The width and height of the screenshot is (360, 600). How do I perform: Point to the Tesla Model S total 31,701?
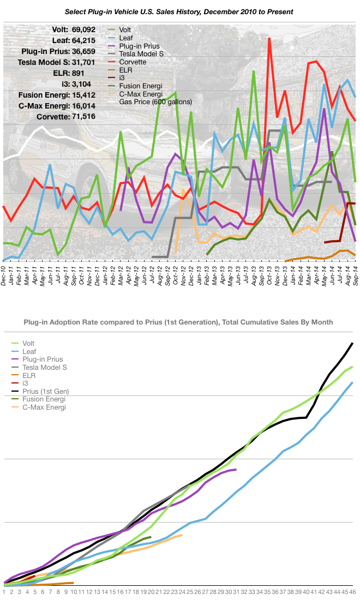tap(80, 63)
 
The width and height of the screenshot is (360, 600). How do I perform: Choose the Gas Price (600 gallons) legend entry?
tap(155, 101)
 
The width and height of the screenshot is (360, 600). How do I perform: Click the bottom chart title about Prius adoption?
tap(178, 322)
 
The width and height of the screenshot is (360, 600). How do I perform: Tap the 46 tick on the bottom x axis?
tap(352, 591)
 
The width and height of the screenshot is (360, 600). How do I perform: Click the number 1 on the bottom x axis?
tap(4, 591)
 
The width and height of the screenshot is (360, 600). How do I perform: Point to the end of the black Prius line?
tap(353, 343)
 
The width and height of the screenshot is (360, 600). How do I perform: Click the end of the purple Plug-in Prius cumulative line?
tap(236, 469)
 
